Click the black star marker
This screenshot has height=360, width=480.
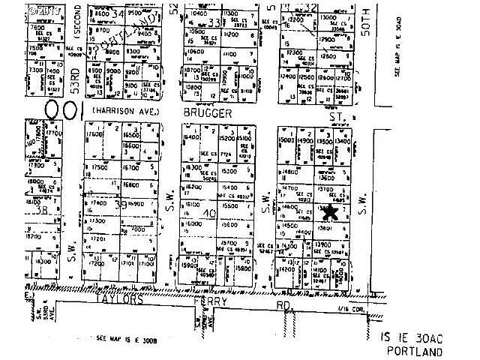coord(329,211)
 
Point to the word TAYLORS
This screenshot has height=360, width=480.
coord(117,297)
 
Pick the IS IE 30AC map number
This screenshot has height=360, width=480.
coord(412,339)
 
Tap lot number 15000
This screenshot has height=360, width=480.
coord(286,140)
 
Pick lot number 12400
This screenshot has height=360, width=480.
coord(288,76)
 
